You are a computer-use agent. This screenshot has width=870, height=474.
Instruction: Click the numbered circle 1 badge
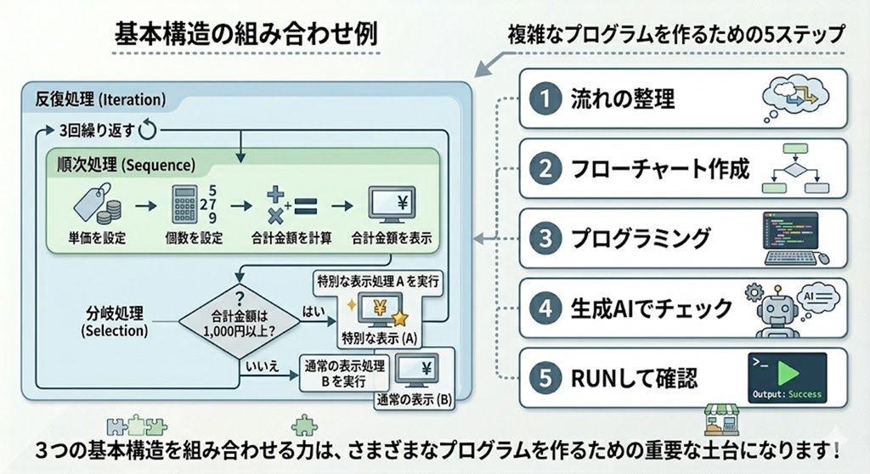[x=545, y=99]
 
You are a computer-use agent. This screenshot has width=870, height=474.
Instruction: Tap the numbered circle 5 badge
[x=545, y=378]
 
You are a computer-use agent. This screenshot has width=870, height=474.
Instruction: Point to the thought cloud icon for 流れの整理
[x=794, y=98]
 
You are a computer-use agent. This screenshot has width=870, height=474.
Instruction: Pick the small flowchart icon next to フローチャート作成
[x=795, y=168]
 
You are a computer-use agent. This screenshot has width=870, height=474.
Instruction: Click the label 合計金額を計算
[x=291, y=238]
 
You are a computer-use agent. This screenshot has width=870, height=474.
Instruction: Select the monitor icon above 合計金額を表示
[x=392, y=206]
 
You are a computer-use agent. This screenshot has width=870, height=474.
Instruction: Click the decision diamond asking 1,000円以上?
[x=239, y=321]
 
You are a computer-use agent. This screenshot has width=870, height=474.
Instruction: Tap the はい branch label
[x=314, y=312]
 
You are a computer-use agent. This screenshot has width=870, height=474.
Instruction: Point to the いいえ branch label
[x=262, y=366]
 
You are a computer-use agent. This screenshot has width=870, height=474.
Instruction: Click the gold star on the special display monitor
[x=399, y=318]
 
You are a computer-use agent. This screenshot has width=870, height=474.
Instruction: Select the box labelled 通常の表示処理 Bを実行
[x=344, y=374]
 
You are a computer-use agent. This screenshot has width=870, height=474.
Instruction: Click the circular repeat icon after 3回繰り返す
[x=148, y=130]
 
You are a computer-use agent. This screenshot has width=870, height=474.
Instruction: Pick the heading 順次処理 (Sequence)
[x=126, y=165]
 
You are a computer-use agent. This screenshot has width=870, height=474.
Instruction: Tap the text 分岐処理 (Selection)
[x=115, y=322]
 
